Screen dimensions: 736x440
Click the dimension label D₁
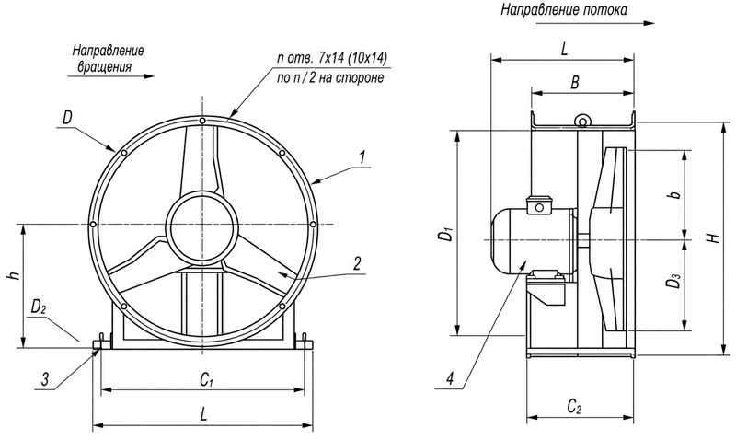pyautogui.click(x=449, y=234)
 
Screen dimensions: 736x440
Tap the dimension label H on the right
pyautogui.click(x=714, y=237)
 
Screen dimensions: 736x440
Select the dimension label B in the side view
pyautogui.click(x=574, y=83)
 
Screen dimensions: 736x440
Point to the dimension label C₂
pyautogui.click(x=574, y=406)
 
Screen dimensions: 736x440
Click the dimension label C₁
pyautogui.click(x=204, y=379)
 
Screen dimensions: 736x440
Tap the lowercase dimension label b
pyautogui.click(x=675, y=194)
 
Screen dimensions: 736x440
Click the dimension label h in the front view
pyautogui.click(x=16, y=275)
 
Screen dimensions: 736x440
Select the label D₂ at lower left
pyautogui.click(x=38, y=307)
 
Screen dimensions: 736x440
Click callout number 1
pyautogui.click(x=362, y=157)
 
